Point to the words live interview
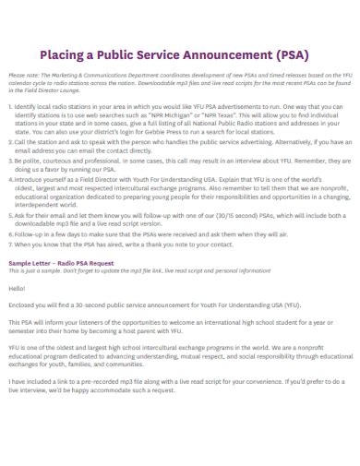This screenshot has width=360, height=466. [29, 392]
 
